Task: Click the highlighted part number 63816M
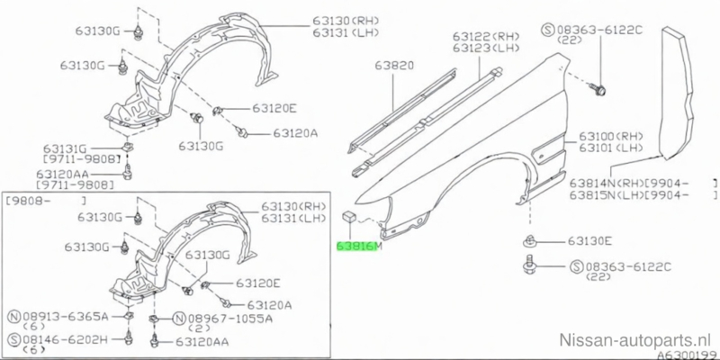pyautogui.click(x=359, y=245)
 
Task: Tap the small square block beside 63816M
pyautogui.click(x=346, y=215)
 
